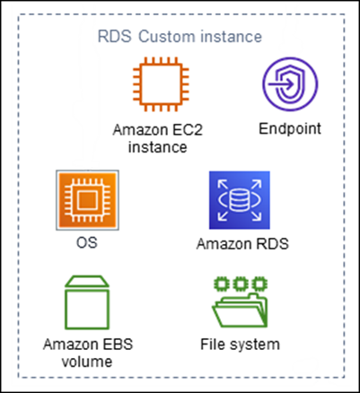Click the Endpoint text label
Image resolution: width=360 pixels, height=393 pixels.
point(290,129)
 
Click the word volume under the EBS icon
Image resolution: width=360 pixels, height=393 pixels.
point(82,362)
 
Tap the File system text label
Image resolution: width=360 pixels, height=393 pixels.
point(238,344)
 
